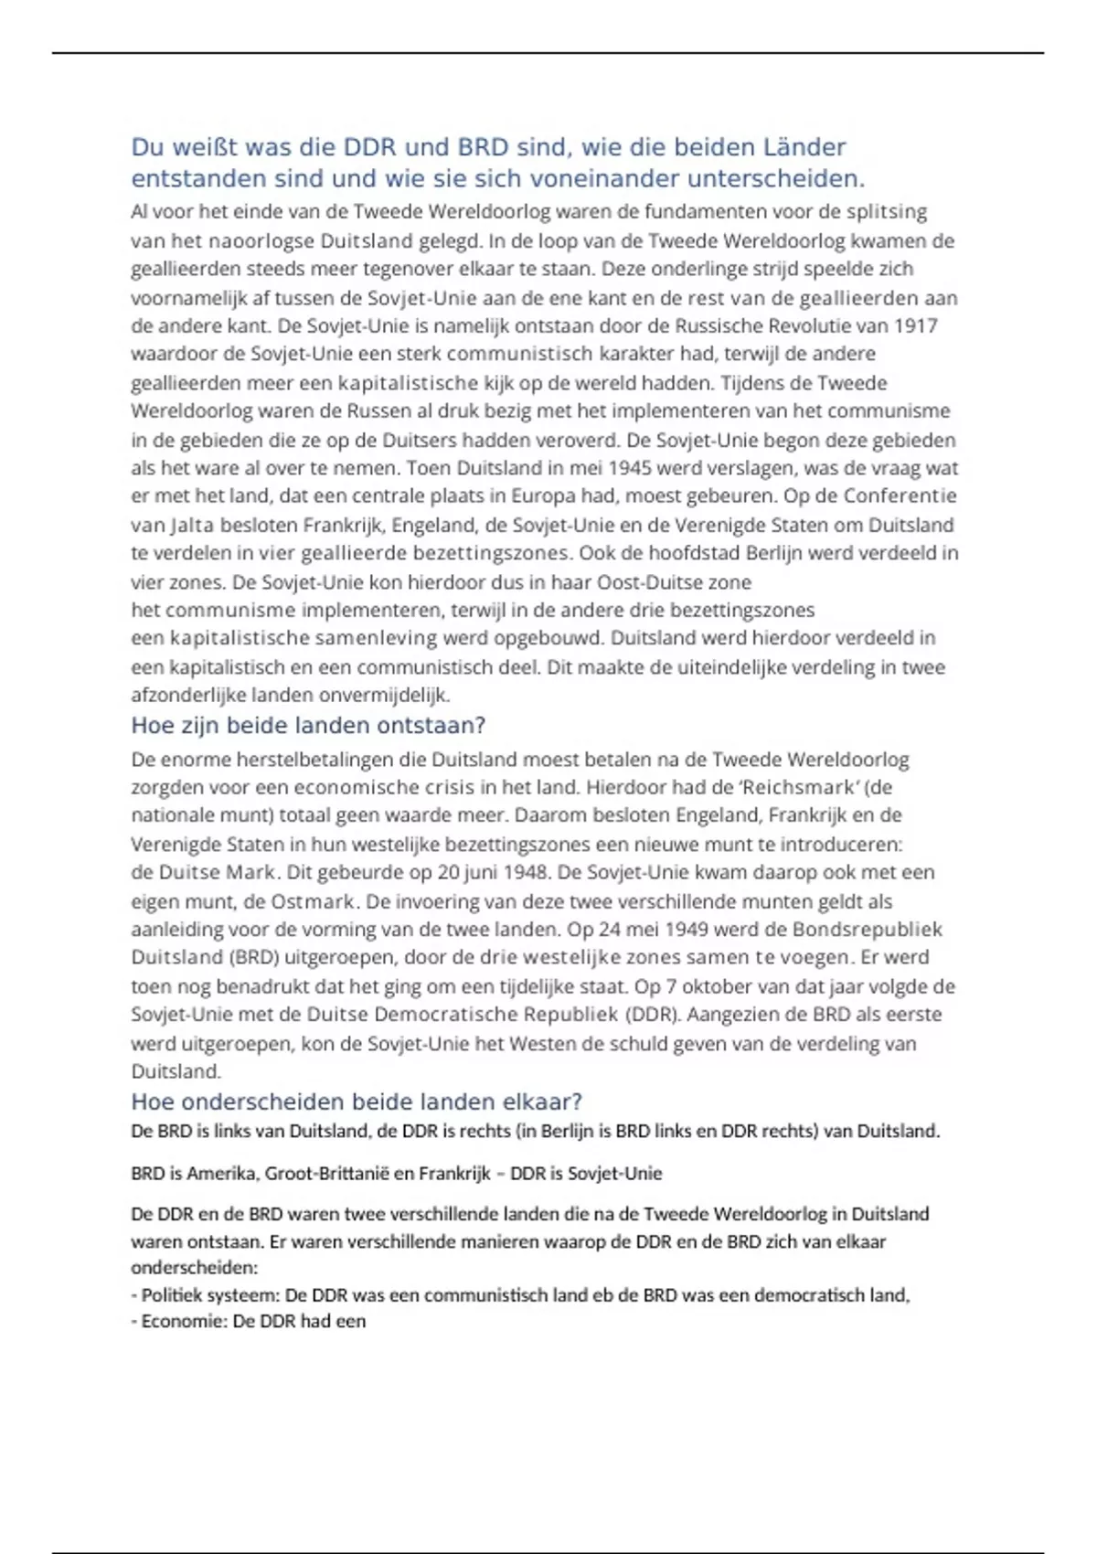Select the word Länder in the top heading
pos(804,147)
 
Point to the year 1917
pos(915,325)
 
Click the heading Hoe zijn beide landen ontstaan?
pos(308,726)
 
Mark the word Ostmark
pos(312,901)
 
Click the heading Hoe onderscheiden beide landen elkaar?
pos(357,1102)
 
